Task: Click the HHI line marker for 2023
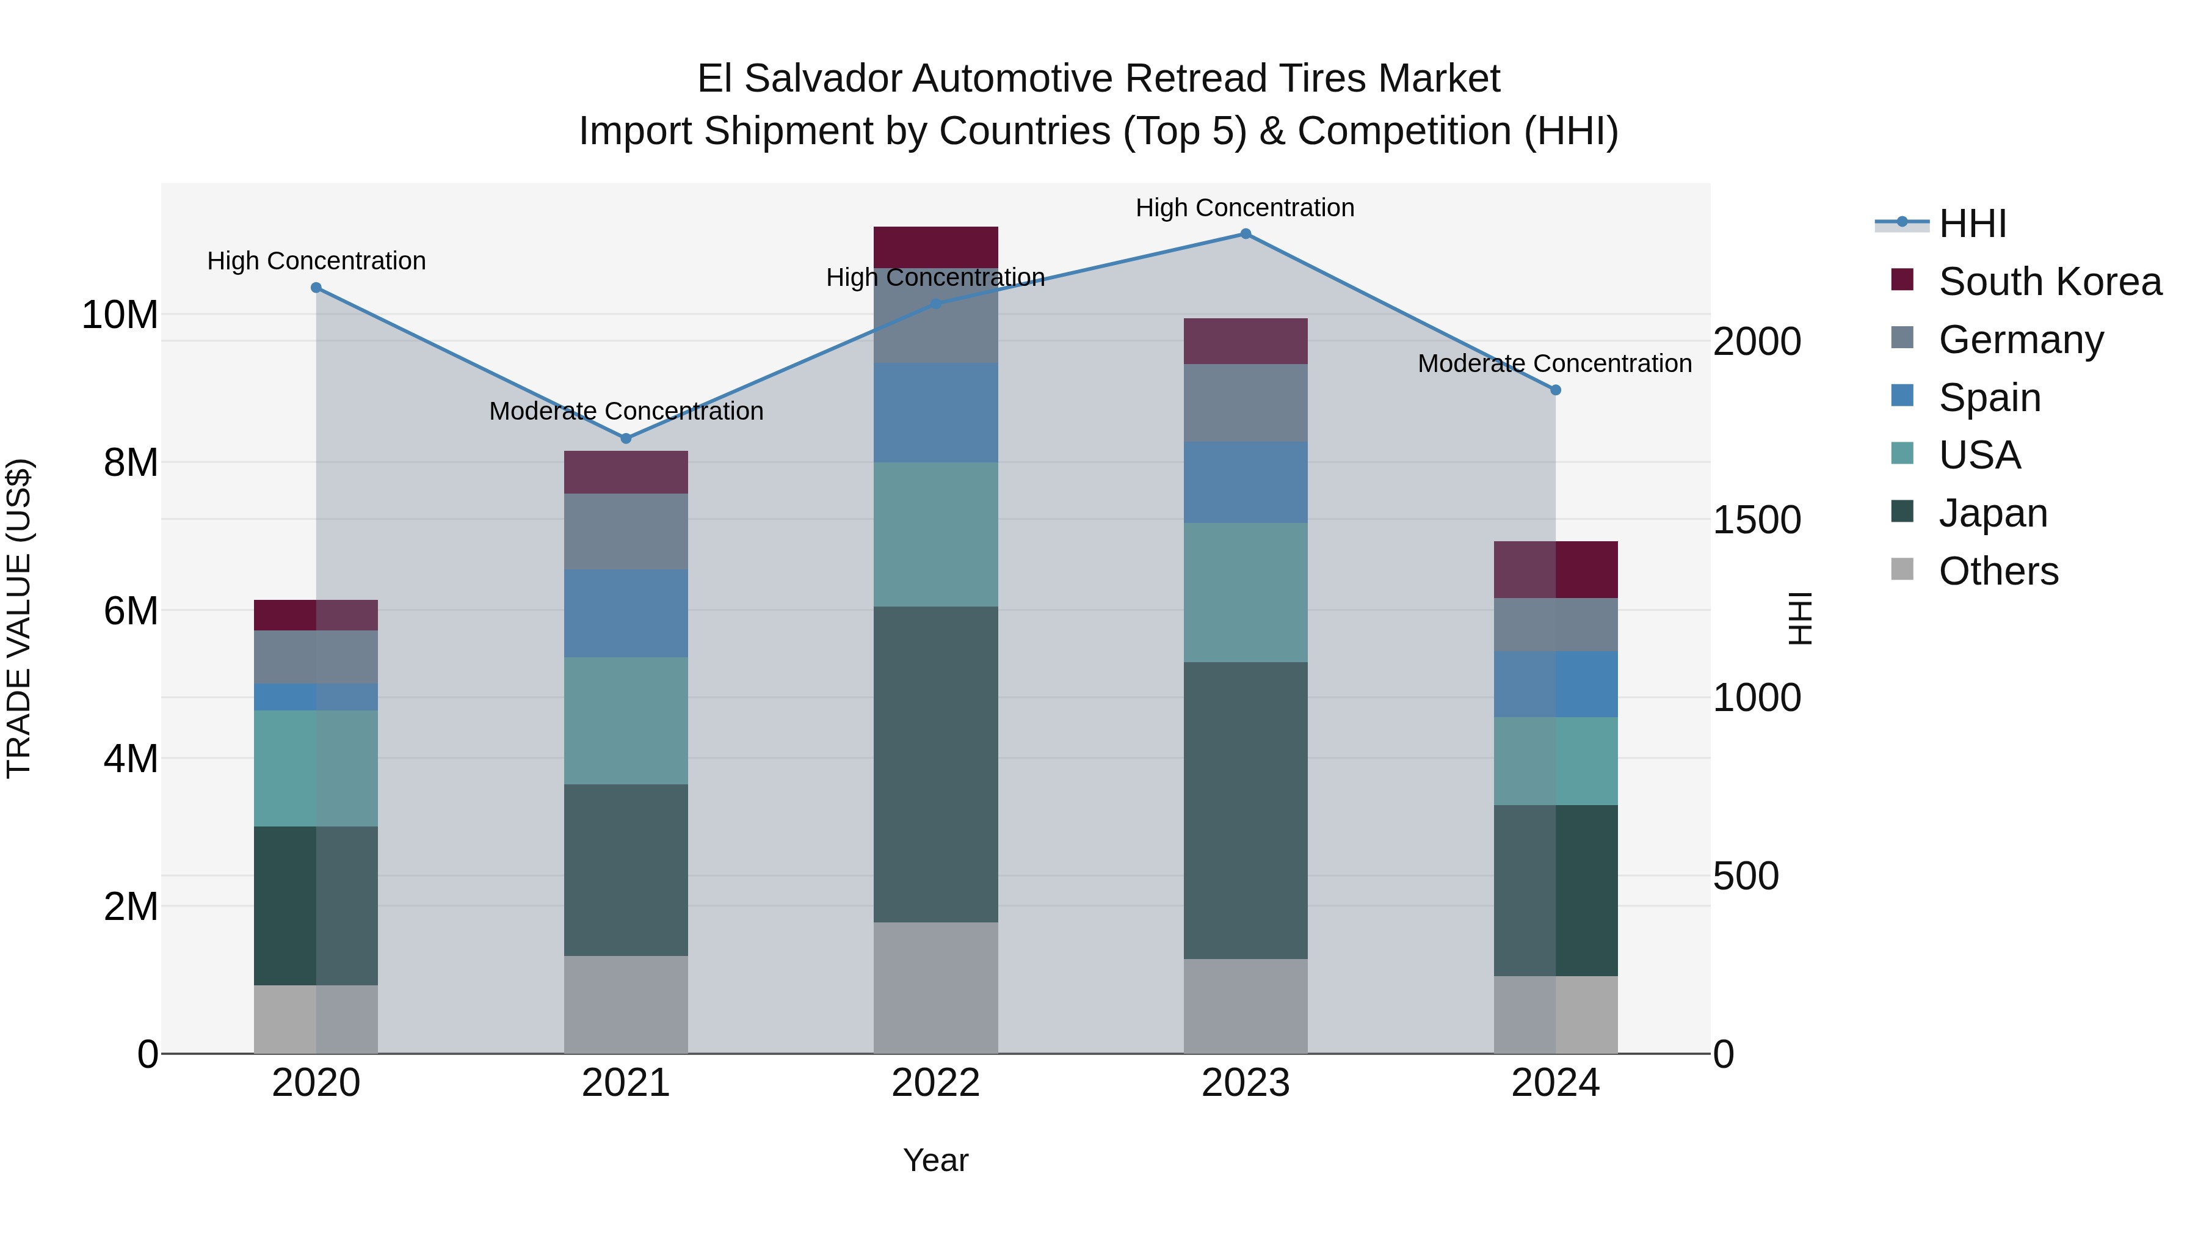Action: pos(1245,234)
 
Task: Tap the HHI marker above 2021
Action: pos(625,439)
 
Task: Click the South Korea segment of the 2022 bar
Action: pos(935,247)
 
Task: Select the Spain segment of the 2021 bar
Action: pos(625,613)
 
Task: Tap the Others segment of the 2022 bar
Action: pos(935,988)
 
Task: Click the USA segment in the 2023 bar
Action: pos(1245,593)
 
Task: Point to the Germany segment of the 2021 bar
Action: pos(625,531)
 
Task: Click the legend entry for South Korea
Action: pos(2050,282)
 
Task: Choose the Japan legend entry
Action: pos(1993,513)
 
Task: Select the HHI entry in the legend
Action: pos(1972,224)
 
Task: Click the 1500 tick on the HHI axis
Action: pos(1757,520)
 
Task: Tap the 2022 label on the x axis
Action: pos(935,1083)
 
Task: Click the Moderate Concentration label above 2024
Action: pos(1554,363)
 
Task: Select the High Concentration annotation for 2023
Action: pos(1245,208)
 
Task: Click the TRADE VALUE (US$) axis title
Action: pos(19,618)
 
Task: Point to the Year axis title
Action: pos(935,1160)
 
